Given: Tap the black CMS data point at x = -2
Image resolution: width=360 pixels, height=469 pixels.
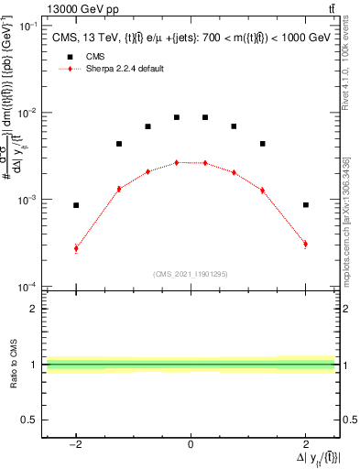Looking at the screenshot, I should (x=76, y=205).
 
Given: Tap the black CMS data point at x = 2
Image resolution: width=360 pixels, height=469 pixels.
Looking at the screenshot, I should (x=305, y=205).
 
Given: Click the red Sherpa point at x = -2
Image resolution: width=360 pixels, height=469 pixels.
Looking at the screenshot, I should (x=76, y=248).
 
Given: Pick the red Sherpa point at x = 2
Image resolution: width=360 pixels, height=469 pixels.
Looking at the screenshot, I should (x=305, y=244).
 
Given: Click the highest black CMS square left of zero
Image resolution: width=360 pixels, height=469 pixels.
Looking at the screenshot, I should (x=176, y=117).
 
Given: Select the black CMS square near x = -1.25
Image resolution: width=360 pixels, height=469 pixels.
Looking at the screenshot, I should (x=119, y=144).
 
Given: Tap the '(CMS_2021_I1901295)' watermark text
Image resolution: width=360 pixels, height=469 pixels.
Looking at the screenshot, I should (x=191, y=274).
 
